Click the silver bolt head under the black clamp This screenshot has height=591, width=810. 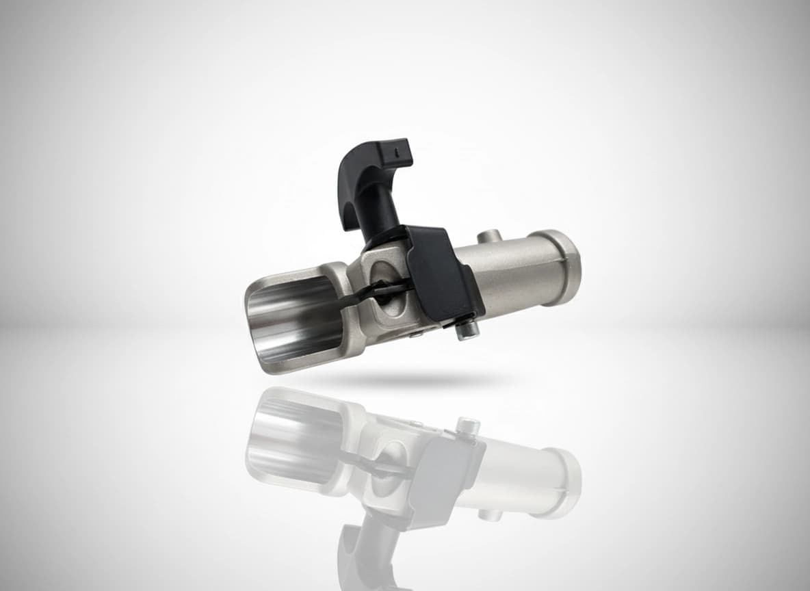pyautogui.click(x=468, y=330)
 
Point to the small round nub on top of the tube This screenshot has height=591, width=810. pyautogui.click(x=488, y=237)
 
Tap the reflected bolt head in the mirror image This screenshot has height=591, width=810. pyautogui.click(x=468, y=427)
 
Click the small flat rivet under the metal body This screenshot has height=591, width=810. pyautogui.click(x=416, y=334)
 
